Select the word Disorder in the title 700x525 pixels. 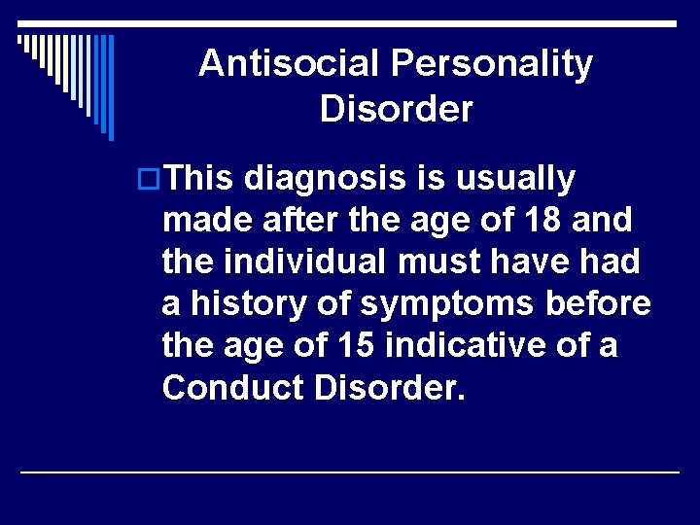(x=397, y=109)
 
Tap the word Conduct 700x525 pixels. (x=227, y=387)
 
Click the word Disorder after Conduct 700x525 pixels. (x=385, y=387)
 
